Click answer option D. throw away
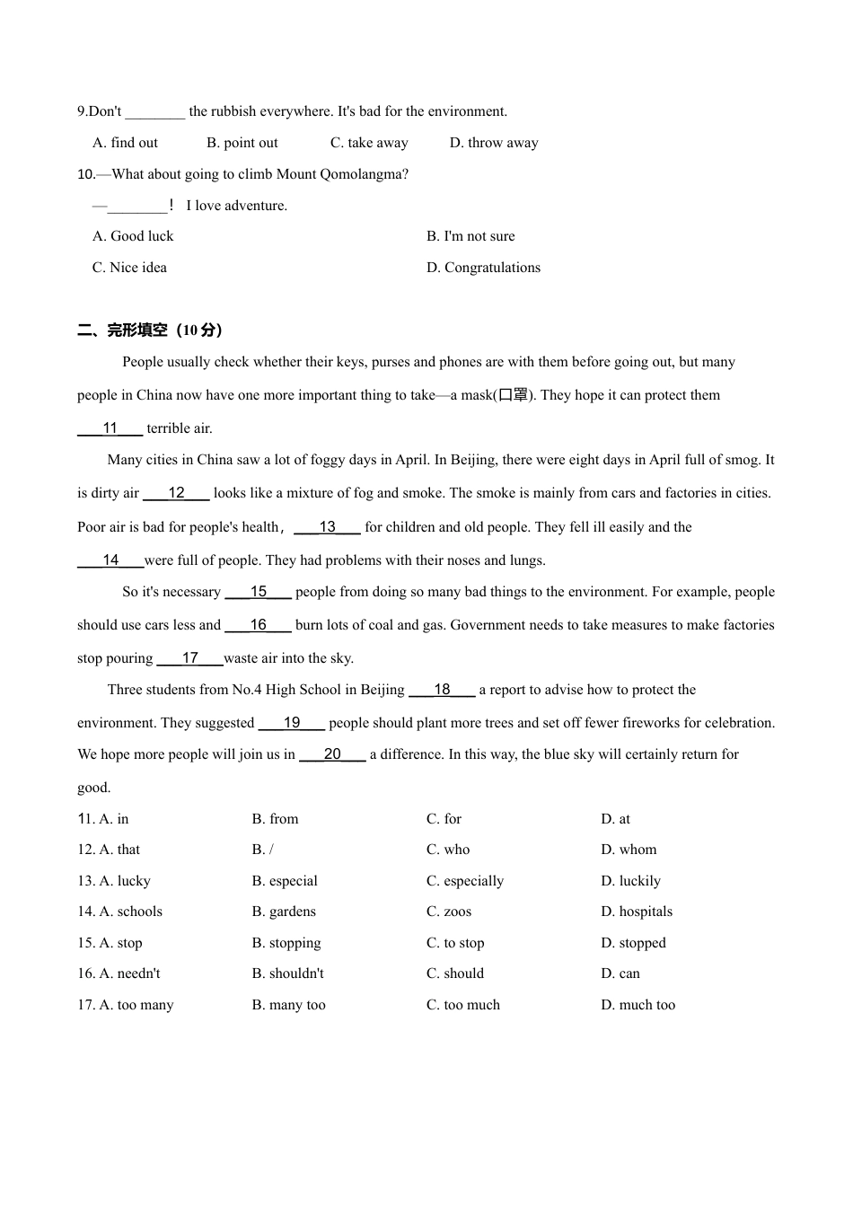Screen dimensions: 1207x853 tap(494, 143)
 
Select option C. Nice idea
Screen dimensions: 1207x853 tap(129, 268)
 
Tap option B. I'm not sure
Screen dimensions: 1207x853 tap(470, 236)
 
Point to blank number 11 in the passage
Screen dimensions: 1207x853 tap(110, 428)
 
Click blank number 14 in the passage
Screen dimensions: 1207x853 tap(110, 560)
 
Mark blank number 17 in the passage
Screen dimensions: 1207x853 tap(189, 658)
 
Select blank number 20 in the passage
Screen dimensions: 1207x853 tap(332, 754)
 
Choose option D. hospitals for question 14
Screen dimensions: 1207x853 tap(637, 912)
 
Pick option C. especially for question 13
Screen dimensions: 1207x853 tap(465, 881)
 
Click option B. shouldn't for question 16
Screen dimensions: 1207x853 tap(287, 974)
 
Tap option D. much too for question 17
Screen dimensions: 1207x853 tap(638, 1005)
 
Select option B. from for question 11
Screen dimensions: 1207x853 tap(275, 819)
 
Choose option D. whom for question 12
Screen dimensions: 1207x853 tap(629, 850)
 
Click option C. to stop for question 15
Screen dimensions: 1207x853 tap(455, 943)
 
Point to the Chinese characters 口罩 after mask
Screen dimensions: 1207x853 tap(513, 395)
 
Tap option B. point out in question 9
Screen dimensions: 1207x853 tap(242, 143)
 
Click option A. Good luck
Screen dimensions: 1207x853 tap(133, 236)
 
